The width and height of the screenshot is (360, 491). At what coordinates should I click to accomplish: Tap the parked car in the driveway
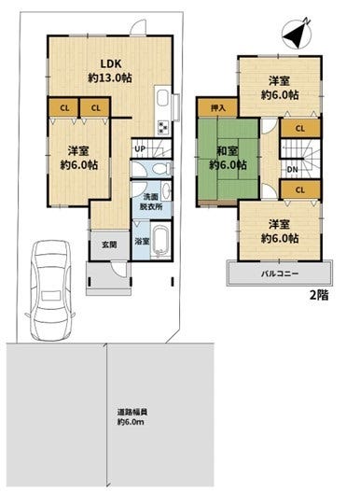pyautogui.click(x=50, y=290)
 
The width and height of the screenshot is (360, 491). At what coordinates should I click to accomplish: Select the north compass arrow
pyautogui.click(x=297, y=34)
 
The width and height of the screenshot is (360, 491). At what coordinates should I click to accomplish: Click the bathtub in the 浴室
pyautogui.click(x=160, y=241)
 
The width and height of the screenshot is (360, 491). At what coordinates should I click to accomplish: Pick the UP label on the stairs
pyautogui.click(x=140, y=148)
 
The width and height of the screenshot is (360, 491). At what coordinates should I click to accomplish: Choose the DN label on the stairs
pyautogui.click(x=292, y=170)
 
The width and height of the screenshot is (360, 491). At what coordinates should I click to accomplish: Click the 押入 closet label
pyautogui.click(x=218, y=108)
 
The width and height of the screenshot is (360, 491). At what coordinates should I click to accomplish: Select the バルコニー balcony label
pyautogui.click(x=280, y=274)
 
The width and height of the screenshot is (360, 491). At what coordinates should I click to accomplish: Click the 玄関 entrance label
pyautogui.click(x=109, y=245)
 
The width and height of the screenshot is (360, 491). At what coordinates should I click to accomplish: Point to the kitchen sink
pyautogui.click(x=162, y=98)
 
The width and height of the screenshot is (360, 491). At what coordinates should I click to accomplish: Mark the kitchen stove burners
pyautogui.click(x=163, y=127)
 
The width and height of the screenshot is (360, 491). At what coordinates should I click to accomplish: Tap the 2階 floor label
pyautogui.click(x=319, y=295)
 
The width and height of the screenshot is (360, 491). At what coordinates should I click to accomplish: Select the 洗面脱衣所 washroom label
pyautogui.click(x=151, y=202)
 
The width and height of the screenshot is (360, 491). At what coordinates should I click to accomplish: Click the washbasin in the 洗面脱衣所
pyautogui.click(x=166, y=190)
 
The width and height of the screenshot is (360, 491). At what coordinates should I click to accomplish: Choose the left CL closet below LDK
pyautogui.click(x=63, y=107)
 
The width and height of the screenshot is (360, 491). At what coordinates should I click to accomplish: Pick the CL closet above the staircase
pyautogui.click(x=300, y=129)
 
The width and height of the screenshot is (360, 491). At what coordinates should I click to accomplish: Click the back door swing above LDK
pyautogui.click(x=138, y=27)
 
